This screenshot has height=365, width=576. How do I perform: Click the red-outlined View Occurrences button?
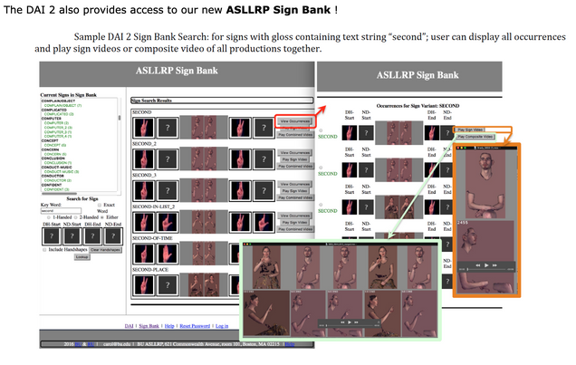click(295, 120)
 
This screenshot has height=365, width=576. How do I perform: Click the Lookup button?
click(82, 256)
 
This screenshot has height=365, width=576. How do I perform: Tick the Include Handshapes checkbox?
click(45, 249)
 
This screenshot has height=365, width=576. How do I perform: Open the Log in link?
click(222, 324)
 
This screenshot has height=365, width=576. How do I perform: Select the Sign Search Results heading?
click(158, 100)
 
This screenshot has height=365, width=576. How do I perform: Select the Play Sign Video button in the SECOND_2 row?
click(295, 159)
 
